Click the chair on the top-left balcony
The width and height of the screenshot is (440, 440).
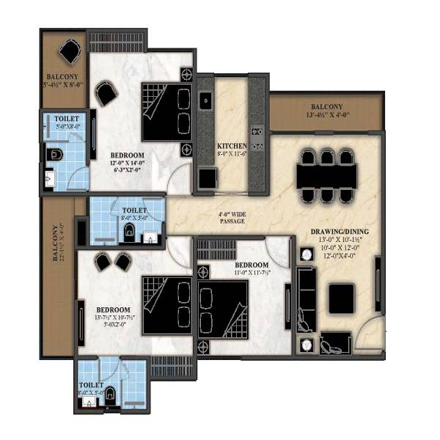[x=69, y=52]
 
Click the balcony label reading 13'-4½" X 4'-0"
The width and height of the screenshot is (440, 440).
[x=325, y=111]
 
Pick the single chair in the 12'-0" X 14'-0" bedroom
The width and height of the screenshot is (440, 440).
[x=106, y=94]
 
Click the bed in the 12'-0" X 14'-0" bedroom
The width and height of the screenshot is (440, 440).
[x=166, y=111]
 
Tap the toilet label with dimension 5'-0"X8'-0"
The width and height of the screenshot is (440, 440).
[x=67, y=122]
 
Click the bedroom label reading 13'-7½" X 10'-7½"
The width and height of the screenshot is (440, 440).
[x=113, y=315]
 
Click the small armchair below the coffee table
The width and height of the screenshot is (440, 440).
[x=335, y=342]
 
